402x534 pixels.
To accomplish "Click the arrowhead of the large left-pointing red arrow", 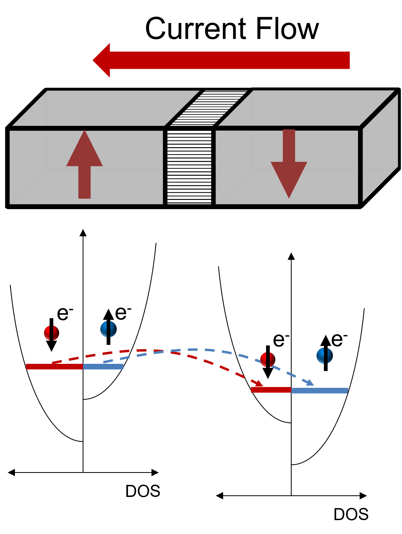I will click(x=103, y=60).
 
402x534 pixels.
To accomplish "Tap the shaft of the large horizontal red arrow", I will click(x=229, y=60).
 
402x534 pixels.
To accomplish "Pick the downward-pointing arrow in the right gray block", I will click(x=289, y=165).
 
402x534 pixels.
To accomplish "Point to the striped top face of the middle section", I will click(x=209, y=108).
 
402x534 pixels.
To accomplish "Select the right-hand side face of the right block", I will click(x=380, y=149).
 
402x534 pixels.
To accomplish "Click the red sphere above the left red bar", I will click(x=51, y=333).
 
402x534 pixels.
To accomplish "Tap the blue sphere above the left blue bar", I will click(x=108, y=329).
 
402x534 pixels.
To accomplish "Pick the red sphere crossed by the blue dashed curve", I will click(x=268, y=360).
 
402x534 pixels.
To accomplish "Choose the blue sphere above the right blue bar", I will click(x=325, y=356).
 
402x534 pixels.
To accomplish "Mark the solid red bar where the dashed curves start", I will click(x=54, y=367).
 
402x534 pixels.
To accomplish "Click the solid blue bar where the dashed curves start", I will click(x=103, y=367).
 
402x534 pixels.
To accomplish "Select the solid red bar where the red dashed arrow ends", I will click(x=271, y=390).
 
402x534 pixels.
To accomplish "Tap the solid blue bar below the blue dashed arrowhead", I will click(x=320, y=390).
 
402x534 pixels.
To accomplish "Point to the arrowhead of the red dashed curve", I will click(x=259, y=384).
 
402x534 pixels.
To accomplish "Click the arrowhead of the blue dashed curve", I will click(x=310, y=383).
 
